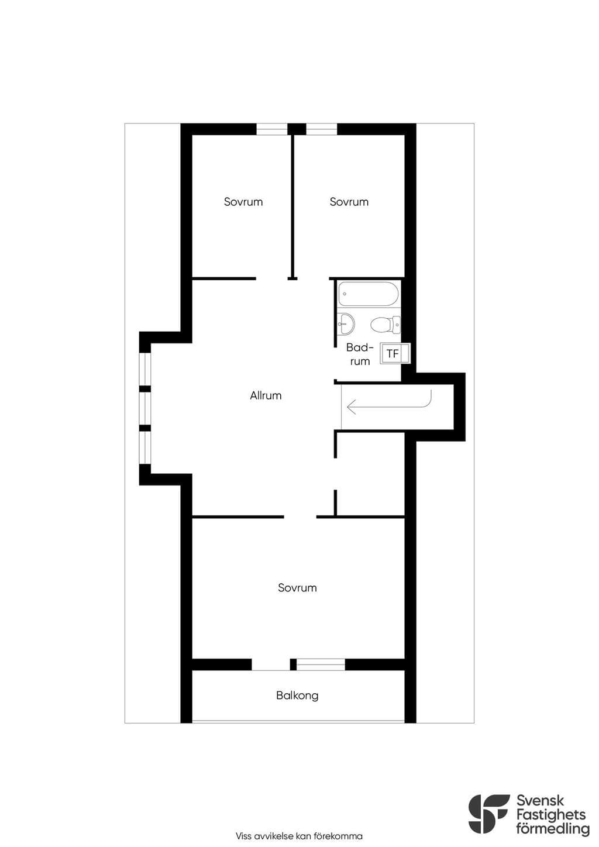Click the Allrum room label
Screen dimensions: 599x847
(266, 395)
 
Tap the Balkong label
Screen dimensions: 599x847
(297, 695)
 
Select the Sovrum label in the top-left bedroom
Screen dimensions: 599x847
(243, 202)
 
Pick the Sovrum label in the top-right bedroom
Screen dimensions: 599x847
(349, 202)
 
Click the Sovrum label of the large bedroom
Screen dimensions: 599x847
(297, 588)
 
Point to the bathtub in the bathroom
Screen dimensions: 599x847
(368, 294)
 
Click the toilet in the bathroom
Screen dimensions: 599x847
(385, 325)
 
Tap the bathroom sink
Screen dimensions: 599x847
(346, 325)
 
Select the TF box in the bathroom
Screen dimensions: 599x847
(395, 353)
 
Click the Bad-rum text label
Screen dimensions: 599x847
(360, 354)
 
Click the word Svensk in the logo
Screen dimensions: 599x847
(540, 801)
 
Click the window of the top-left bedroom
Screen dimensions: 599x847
(272, 129)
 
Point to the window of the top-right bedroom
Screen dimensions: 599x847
(321, 129)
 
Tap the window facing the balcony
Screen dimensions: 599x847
(321, 664)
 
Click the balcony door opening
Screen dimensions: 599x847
(271, 664)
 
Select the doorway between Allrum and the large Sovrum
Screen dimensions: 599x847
(300, 517)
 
